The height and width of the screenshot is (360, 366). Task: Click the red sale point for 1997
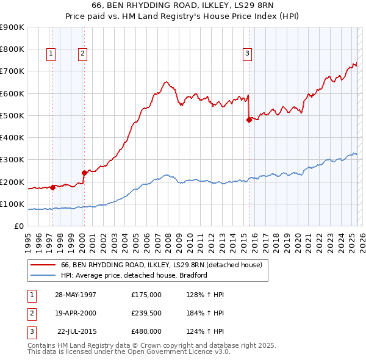pos(53,187)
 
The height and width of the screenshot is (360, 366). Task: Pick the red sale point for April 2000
pos(84,173)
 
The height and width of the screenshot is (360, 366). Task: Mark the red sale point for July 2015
pos(249,120)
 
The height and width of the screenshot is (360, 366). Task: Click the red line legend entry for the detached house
pos(161,265)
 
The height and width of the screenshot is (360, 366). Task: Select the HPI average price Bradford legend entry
pos(134,275)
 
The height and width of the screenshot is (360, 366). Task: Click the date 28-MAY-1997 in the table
pos(76,295)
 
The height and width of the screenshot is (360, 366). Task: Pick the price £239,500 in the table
pos(146,313)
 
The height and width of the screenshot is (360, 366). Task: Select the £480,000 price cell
pos(146,331)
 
